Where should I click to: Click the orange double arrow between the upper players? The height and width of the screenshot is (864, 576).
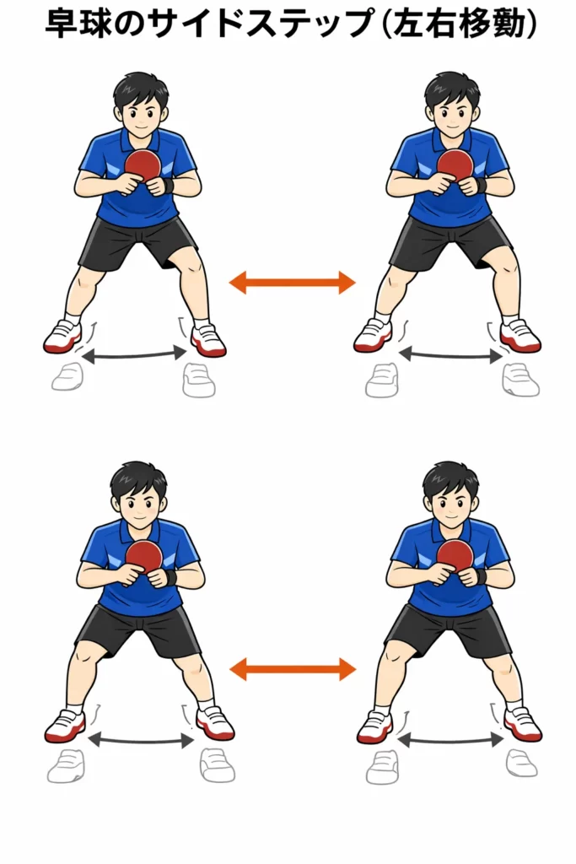click(292, 283)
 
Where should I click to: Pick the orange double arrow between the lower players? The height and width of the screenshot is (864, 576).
click(292, 669)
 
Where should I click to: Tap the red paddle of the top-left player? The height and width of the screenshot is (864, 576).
click(143, 165)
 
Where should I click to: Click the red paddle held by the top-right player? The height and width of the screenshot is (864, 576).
click(455, 165)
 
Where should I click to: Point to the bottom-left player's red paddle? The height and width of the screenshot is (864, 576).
click(143, 557)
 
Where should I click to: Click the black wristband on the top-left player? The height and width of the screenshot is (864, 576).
click(168, 185)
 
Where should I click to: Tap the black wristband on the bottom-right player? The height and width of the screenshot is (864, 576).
click(480, 575)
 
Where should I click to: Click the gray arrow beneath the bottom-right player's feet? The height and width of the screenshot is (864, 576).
click(449, 741)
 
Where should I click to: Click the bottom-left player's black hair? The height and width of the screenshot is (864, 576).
click(137, 480)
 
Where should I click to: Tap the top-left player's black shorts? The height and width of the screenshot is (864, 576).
click(137, 242)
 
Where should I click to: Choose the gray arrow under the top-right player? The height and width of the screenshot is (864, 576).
click(449, 355)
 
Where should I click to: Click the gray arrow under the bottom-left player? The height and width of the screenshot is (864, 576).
click(141, 740)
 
